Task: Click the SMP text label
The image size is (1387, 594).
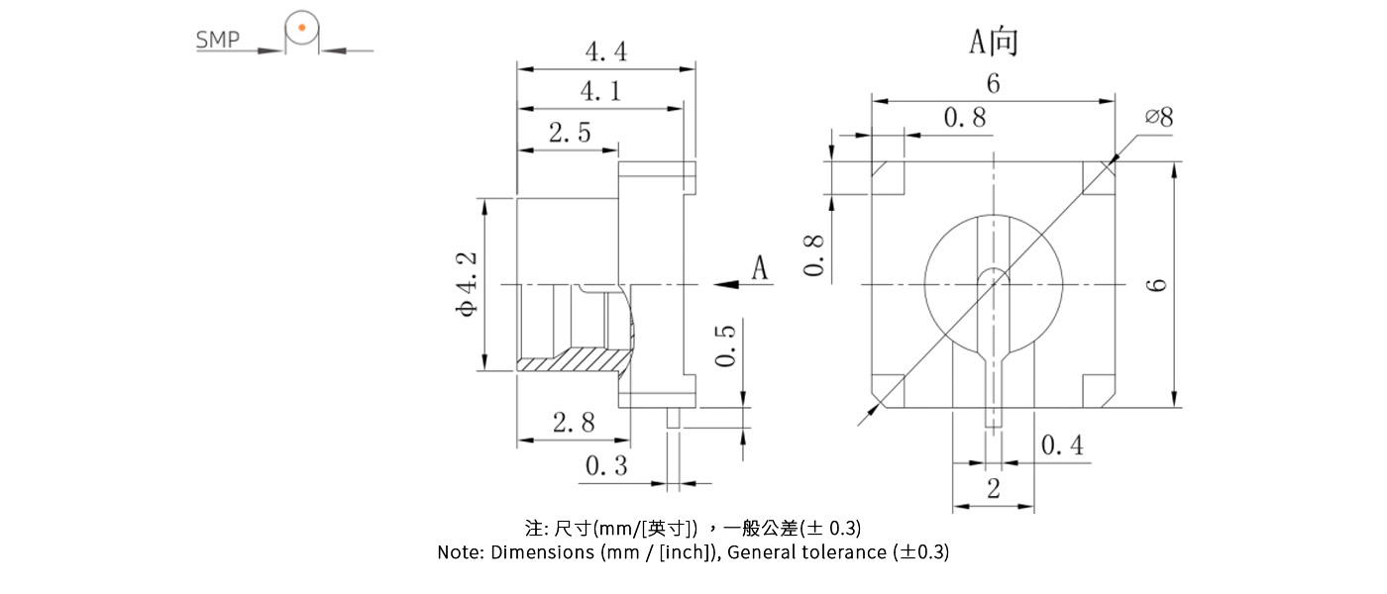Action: pyautogui.click(x=217, y=41)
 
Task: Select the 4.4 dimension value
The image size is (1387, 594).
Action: pyautogui.click(x=605, y=51)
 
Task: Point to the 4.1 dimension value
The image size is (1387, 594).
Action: pyautogui.click(x=600, y=92)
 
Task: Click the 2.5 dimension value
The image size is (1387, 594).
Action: pyautogui.click(x=570, y=133)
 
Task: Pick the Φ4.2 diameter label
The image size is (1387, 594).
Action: pyautogui.click(x=466, y=283)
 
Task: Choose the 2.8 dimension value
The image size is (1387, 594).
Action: pyautogui.click(x=574, y=424)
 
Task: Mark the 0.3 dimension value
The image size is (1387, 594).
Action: pyautogui.click(x=606, y=466)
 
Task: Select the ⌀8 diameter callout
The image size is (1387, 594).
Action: pyautogui.click(x=1158, y=117)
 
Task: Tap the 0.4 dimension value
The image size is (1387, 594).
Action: pyautogui.click(x=1062, y=446)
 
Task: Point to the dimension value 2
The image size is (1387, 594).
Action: pyautogui.click(x=993, y=489)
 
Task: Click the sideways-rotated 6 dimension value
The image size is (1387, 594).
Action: pyautogui.click(x=1156, y=285)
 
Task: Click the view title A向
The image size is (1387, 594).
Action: pyautogui.click(x=993, y=42)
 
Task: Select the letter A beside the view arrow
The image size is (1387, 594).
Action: pyautogui.click(x=759, y=268)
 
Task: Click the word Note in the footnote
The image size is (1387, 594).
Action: pyautogui.click(x=460, y=552)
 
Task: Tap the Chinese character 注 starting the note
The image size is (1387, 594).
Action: pyautogui.click(x=533, y=527)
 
